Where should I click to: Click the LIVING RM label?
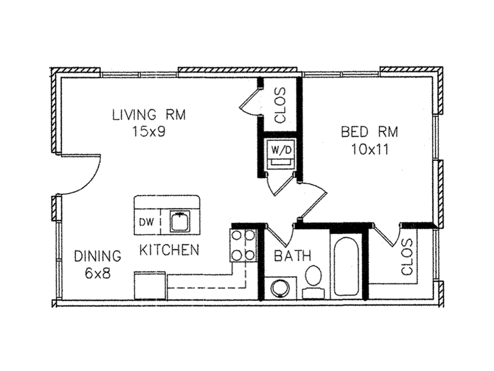pos(149,114)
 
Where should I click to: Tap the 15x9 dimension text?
pos(149,131)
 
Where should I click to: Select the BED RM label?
pos(370,131)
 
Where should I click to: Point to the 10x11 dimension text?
pos(370,149)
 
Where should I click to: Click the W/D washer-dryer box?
pos(281,152)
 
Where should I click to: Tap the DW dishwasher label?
pos(147,222)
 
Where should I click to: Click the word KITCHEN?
pos(169,250)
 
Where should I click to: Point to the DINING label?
pos(97,256)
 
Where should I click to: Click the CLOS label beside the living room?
pos(280,105)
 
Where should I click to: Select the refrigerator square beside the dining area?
pos(150,285)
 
